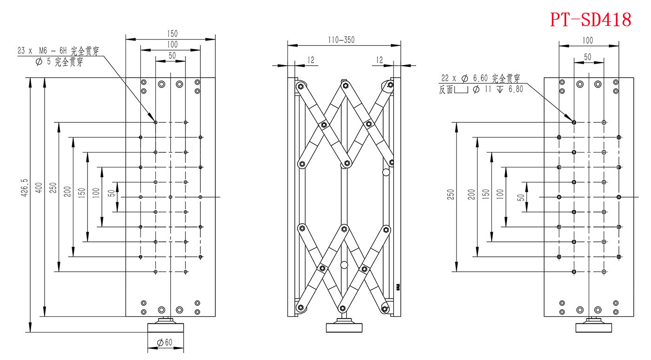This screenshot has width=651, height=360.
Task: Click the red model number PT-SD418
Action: coord(591,20)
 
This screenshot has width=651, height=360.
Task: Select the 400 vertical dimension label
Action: coord(39,187)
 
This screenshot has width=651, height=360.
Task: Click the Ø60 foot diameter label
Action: coord(165,343)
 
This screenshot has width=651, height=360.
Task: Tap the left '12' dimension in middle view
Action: coord(311,60)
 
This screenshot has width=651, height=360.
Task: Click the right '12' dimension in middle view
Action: coord(379,60)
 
